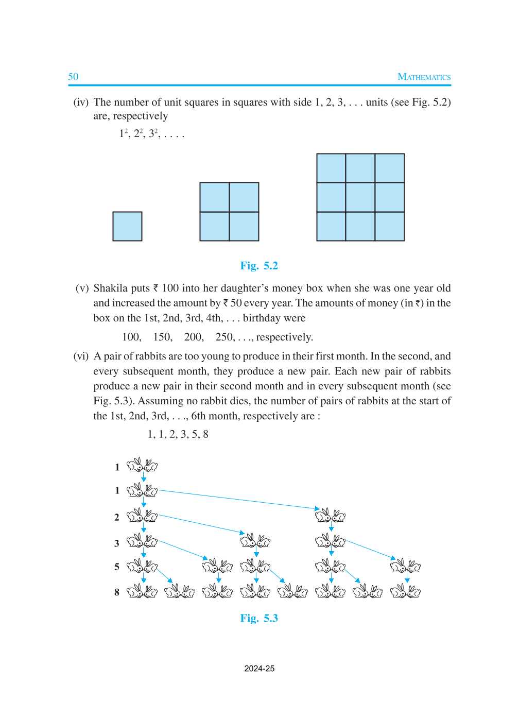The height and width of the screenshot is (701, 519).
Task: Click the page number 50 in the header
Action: (73, 77)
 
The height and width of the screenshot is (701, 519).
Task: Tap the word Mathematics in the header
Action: (424, 77)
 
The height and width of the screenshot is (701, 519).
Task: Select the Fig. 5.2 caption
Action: (259, 266)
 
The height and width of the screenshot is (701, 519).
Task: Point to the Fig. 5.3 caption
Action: (259, 618)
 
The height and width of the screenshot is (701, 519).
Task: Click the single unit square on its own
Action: (127, 226)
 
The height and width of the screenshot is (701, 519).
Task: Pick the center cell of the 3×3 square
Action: (360, 197)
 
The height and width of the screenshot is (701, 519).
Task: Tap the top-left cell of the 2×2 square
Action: (215, 197)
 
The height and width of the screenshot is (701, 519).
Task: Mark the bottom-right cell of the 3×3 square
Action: (390, 227)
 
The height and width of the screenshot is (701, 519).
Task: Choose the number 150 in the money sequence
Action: (162, 337)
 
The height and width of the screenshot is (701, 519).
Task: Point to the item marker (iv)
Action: (81, 102)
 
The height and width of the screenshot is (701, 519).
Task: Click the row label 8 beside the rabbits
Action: (117, 592)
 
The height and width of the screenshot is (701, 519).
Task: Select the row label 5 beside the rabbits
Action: (117, 567)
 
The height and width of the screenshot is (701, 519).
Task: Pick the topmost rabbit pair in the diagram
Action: (142, 465)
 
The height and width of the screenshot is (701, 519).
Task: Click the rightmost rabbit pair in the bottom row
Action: (405, 591)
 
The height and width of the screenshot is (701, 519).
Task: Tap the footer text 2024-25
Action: (259, 669)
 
